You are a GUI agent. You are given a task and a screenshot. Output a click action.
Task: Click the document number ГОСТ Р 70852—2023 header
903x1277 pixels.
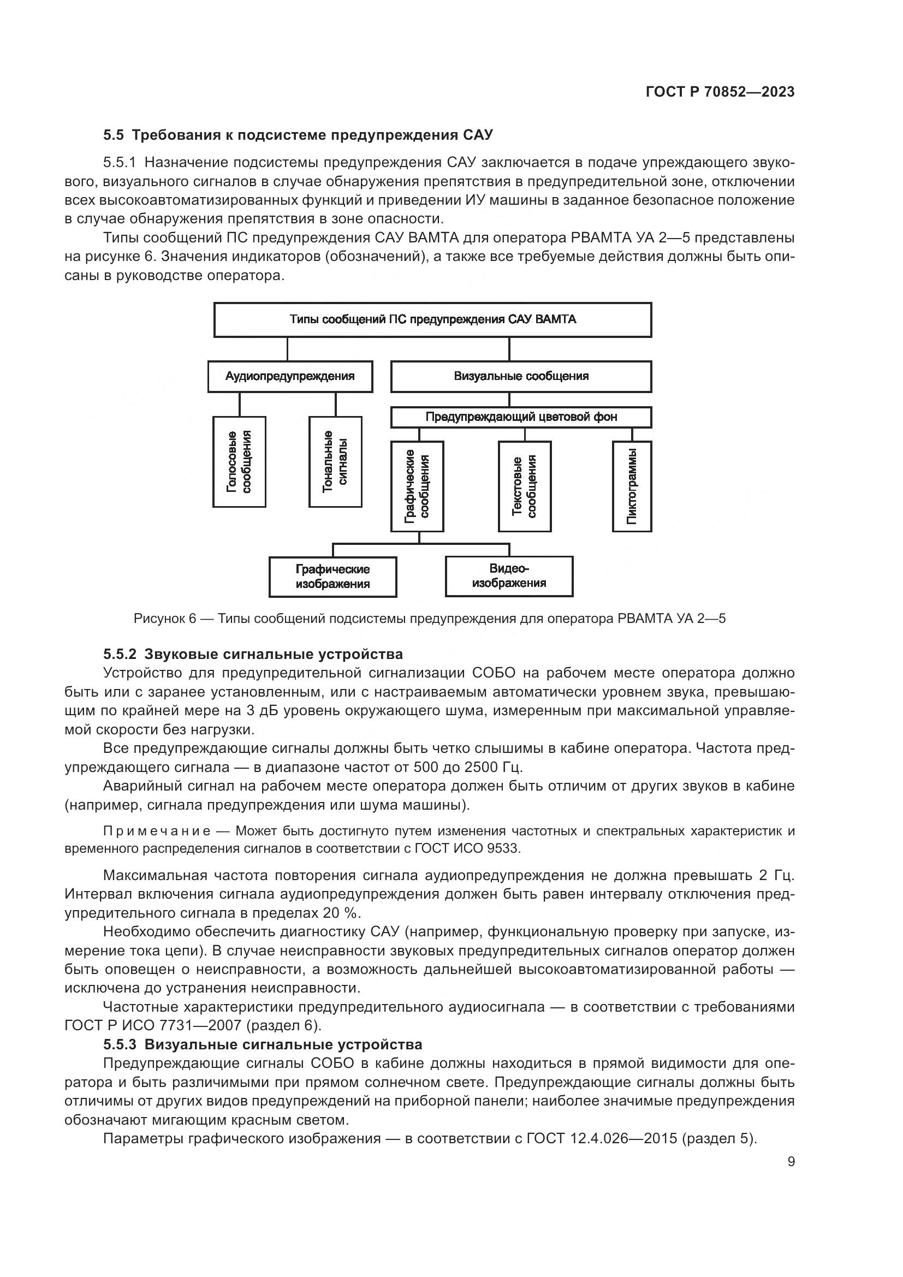pyautogui.click(x=720, y=92)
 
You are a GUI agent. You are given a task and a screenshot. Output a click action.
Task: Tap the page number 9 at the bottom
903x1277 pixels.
pyautogui.click(x=791, y=1162)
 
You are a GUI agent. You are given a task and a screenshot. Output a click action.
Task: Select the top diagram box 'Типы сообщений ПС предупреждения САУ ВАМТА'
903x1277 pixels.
pyautogui.click(x=432, y=320)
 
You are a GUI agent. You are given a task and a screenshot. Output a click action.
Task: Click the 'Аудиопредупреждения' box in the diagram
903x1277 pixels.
pyautogui.click(x=290, y=377)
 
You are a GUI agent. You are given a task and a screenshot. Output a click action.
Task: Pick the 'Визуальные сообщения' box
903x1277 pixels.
pyautogui.click(x=521, y=377)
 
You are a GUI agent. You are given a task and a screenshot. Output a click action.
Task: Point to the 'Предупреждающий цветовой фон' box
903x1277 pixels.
pyautogui.click(x=521, y=417)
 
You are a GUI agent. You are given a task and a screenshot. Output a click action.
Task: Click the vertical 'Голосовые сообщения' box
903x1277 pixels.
pyautogui.click(x=240, y=462)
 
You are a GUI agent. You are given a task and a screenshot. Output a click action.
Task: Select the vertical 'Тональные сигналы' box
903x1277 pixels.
pyautogui.click(x=335, y=462)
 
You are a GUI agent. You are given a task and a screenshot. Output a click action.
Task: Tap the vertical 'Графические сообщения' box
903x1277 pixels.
pyautogui.click(x=418, y=486)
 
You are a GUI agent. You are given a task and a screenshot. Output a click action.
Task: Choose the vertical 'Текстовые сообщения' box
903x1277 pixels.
pyautogui.click(x=524, y=486)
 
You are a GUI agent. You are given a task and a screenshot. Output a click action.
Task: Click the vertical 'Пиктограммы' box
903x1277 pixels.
pyautogui.click(x=632, y=486)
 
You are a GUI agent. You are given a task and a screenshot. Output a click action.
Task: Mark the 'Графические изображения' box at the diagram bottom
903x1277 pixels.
pyautogui.click(x=332, y=577)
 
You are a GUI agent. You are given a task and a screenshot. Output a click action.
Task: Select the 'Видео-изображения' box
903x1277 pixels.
pyautogui.click(x=509, y=576)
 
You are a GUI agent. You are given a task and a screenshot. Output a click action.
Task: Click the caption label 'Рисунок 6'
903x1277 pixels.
pyautogui.click(x=165, y=619)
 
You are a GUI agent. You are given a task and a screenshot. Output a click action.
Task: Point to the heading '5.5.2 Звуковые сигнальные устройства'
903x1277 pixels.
pyautogui.click(x=253, y=654)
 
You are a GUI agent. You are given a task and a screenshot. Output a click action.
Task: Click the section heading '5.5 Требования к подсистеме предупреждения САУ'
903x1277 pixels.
pyautogui.click(x=298, y=135)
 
